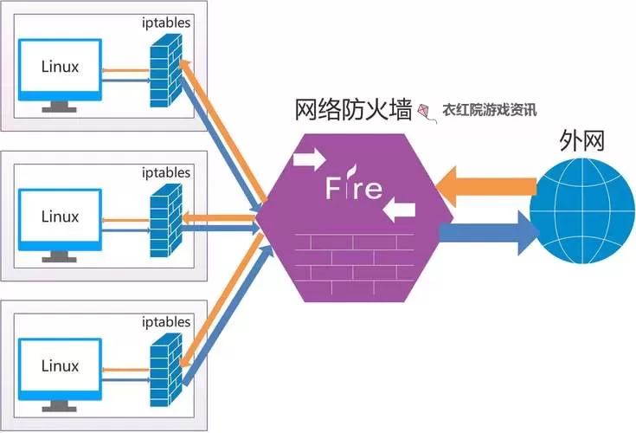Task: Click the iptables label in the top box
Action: coord(168,22)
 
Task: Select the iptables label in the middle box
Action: coord(167,172)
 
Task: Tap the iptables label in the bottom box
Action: coord(167,322)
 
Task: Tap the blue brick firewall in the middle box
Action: coord(164,220)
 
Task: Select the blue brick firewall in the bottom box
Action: coord(164,369)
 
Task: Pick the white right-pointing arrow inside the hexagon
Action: coord(309,159)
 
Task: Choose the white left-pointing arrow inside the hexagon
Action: coord(400,210)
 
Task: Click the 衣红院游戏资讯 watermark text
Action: coord(489,111)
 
